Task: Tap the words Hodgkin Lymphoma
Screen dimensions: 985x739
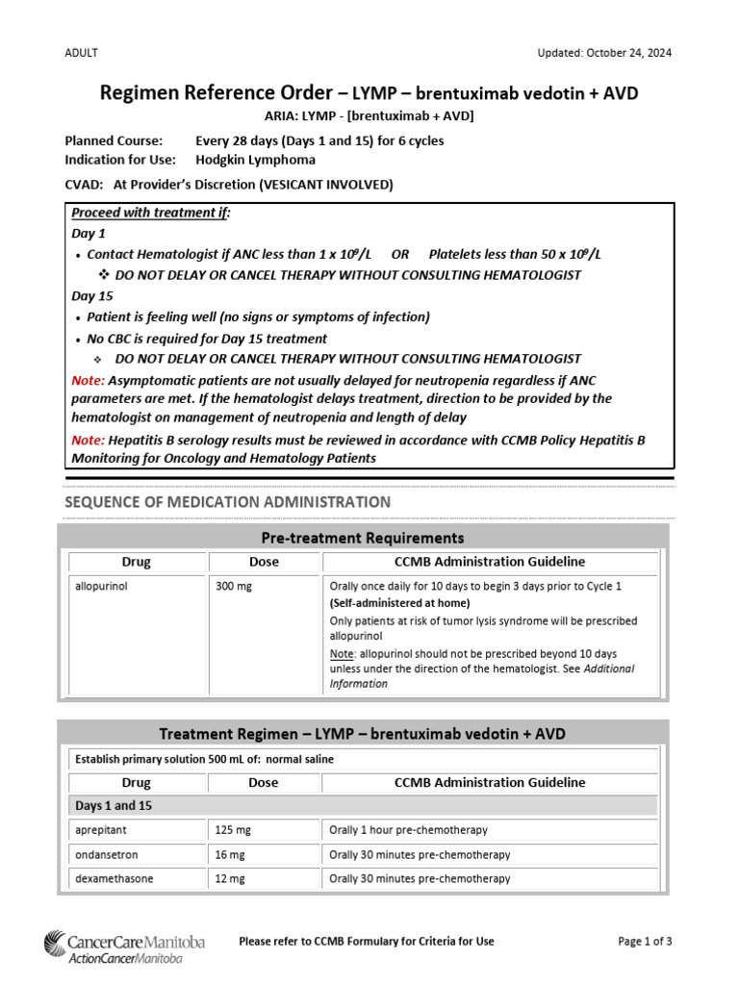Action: tap(254, 160)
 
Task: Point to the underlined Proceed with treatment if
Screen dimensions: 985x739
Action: tap(151, 213)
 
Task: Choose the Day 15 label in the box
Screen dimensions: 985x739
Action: tap(92, 296)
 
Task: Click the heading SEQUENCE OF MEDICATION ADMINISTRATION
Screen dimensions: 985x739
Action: tap(227, 502)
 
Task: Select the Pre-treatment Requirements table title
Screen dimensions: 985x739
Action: tap(362, 538)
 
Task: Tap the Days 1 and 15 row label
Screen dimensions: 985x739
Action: tap(115, 806)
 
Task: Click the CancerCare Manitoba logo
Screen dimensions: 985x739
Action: tap(124, 947)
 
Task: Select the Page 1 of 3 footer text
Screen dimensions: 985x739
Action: tap(645, 941)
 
